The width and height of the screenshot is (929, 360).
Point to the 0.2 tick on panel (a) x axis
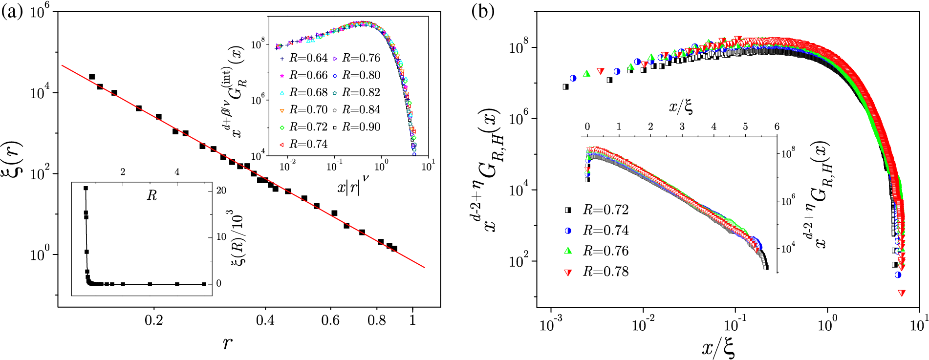pos(154,320)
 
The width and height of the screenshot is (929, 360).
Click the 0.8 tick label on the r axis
pos(376,320)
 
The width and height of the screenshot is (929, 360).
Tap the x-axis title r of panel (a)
pos(227,343)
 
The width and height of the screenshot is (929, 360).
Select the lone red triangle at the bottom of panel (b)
pos(902,293)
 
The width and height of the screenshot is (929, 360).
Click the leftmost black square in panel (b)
pos(566,86)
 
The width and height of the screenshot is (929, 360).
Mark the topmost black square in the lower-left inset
pos(86,188)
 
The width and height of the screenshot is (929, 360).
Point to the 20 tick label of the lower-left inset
pos(221,190)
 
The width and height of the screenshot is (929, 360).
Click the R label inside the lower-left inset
pos(152,196)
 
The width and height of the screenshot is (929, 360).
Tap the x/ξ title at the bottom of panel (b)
pos(718,348)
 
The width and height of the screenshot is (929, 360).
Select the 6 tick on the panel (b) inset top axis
pos(777,127)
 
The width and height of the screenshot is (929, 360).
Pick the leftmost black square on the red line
pos(92,77)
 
